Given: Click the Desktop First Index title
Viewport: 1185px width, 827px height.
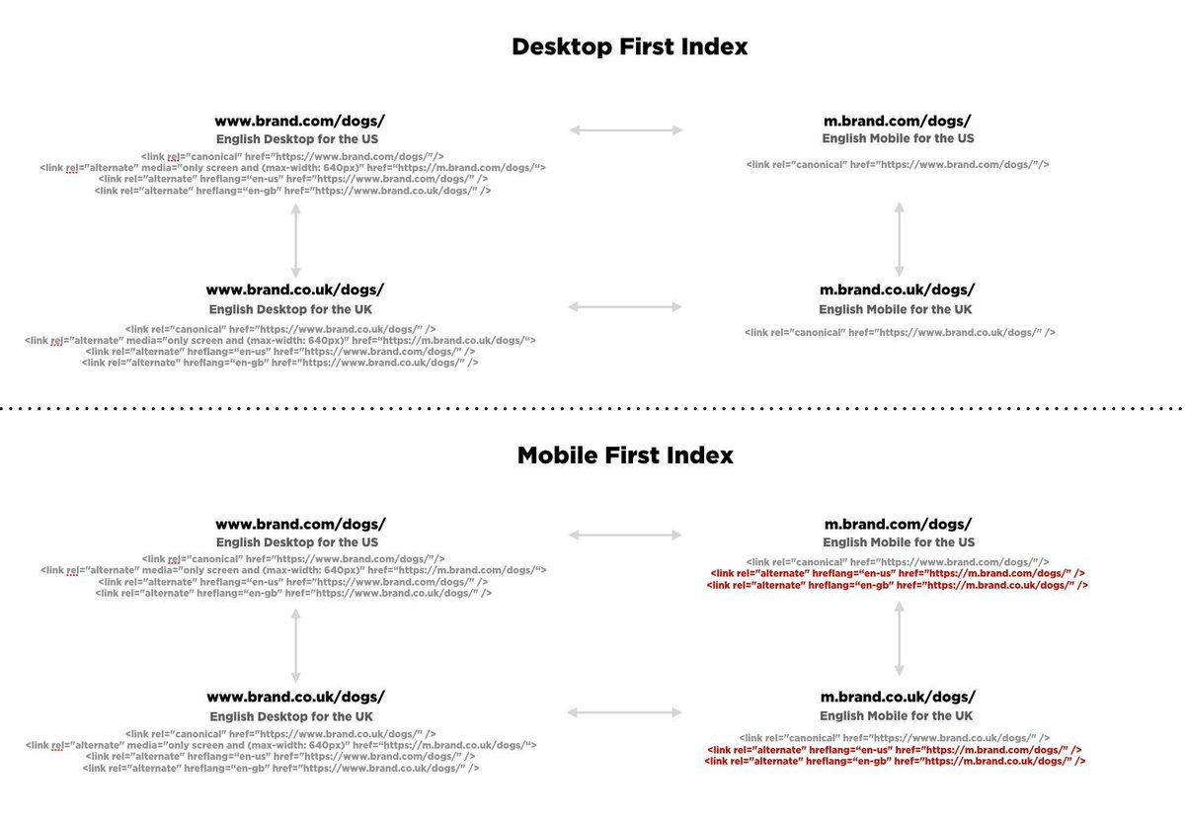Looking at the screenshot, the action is pos(629,46).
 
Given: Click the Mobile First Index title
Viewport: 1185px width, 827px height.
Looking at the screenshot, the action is pos(625,455).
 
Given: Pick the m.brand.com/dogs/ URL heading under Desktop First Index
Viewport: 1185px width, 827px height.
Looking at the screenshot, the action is pos(898,121).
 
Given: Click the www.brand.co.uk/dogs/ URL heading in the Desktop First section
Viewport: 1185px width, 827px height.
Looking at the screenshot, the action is pos(294,289).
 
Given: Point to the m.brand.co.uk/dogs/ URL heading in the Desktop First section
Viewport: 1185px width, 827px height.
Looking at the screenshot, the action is pos(898,289).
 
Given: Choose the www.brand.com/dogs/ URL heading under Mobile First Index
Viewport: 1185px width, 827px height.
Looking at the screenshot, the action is pos(300,524).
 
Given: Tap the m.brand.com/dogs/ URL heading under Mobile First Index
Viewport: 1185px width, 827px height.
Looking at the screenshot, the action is pos(898,524).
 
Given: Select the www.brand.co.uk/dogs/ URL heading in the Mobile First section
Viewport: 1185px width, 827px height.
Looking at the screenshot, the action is pos(295,697).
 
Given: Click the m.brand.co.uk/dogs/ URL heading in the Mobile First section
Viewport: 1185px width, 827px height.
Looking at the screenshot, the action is pos(898,697).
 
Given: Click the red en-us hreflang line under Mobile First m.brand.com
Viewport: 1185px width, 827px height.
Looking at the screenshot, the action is pos(898,573).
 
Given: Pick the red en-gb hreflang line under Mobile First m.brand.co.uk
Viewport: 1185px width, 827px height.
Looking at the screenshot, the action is pos(898,762).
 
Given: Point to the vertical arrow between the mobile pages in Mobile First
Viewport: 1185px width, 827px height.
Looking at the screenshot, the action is pos(899,639).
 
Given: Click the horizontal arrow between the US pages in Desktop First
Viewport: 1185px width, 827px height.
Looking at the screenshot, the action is pos(626,129).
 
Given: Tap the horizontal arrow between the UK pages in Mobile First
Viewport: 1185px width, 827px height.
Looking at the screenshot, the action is pos(626,711).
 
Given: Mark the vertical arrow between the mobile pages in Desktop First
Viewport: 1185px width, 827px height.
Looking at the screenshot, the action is pos(899,239).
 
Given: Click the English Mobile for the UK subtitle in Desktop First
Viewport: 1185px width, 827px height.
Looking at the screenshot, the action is pos(898,309).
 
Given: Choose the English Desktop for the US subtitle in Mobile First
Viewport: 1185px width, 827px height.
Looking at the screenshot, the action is pos(297,542).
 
